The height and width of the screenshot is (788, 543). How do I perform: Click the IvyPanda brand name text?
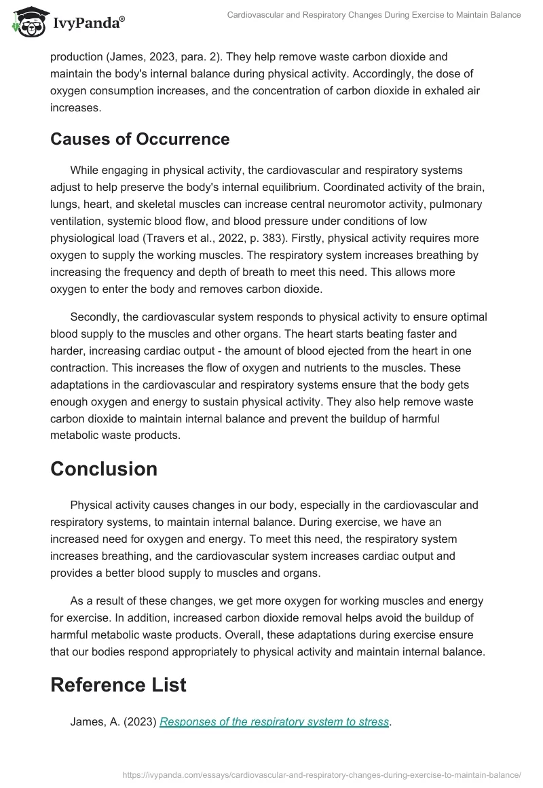tap(88, 22)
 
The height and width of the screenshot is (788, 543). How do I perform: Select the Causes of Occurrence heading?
tap(140, 139)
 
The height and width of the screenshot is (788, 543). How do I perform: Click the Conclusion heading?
tap(104, 469)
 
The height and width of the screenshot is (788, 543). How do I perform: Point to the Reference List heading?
tap(118, 685)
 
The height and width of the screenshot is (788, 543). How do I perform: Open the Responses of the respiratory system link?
tap(274, 722)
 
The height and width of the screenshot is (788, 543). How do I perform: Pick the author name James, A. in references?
tap(94, 722)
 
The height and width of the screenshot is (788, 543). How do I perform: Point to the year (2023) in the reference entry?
tap(139, 722)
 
